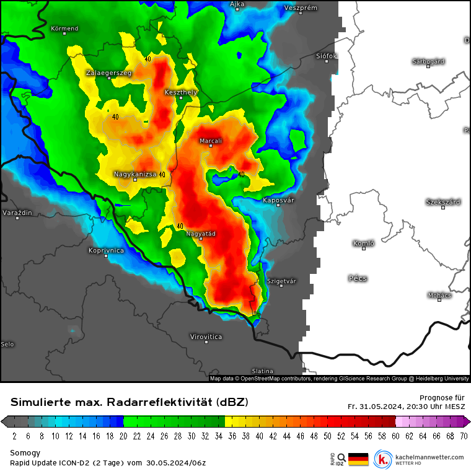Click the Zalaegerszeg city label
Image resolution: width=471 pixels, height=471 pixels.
(x=108, y=73)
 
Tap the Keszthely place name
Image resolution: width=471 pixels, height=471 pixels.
(x=181, y=92)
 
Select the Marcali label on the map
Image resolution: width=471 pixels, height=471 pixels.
(x=210, y=141)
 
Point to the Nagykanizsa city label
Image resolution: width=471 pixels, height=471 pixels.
(x=135, y=174)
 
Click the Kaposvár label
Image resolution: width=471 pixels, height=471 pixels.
(x=278, y=200)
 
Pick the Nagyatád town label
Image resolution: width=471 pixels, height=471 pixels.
(x=202, y=233)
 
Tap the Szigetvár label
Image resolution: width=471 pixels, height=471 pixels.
(x=281, y=281)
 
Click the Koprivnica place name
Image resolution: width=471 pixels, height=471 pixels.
(x=106, y=250)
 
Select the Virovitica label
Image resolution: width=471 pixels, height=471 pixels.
(x=206, y=336)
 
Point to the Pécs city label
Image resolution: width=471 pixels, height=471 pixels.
(x=358, y=278)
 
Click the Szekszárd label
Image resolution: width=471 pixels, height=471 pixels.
(x=442, y=202)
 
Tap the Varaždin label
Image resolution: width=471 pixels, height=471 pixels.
(x=17, y=213)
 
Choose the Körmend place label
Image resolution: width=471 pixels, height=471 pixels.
(x=64, y=28)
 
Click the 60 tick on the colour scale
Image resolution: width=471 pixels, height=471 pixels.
(x=395, y=436)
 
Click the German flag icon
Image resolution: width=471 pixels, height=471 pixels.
(x=358, y=459)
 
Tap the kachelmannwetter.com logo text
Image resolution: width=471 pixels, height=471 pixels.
(x=428, y=457)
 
